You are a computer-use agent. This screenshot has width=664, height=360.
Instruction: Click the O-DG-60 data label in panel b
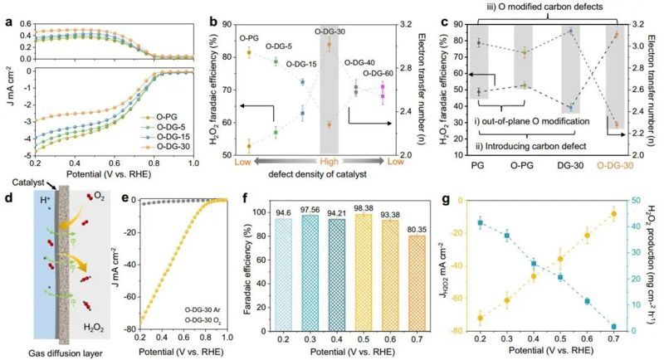[x=383, y=73]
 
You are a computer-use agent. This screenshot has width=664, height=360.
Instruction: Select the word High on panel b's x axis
[x=329, y=162]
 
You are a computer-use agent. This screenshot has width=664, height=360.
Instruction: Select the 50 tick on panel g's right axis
[x=647, y=202]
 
